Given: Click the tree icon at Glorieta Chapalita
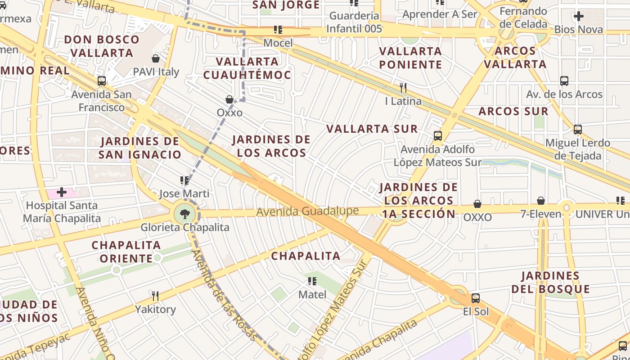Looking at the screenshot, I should (x=184, y=213).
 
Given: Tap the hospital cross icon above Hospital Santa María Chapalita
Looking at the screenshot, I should (x=62, y=193).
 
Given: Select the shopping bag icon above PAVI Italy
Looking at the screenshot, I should (x=156, y=58).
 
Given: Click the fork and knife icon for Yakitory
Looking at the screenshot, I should (x=155, y=296).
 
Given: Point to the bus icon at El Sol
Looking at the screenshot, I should (x=475, y=298).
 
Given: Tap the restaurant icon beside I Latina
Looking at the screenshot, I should (x=403, y=87).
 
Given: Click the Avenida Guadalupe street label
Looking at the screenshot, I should (x=307, y=211).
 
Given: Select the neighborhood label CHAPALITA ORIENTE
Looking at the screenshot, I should (x=126, y=252).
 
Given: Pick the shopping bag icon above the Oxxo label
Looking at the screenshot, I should (x=229, y=99).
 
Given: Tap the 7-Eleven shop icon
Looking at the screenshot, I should (x=541, y=201).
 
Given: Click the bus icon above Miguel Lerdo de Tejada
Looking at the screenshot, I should (x=578, y=130).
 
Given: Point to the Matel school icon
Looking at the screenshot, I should (x=311, y=281).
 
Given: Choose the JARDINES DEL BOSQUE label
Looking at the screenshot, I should (x=550, y=282).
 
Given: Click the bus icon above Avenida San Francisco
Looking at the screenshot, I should (x=102, y=81).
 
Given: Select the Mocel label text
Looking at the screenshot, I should (x=278, y=43).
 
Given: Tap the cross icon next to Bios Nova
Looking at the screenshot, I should (x=578, y=17).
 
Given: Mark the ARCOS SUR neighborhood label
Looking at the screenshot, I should (x=513, y=112).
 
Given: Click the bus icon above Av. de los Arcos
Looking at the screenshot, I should (x=564, y=81).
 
